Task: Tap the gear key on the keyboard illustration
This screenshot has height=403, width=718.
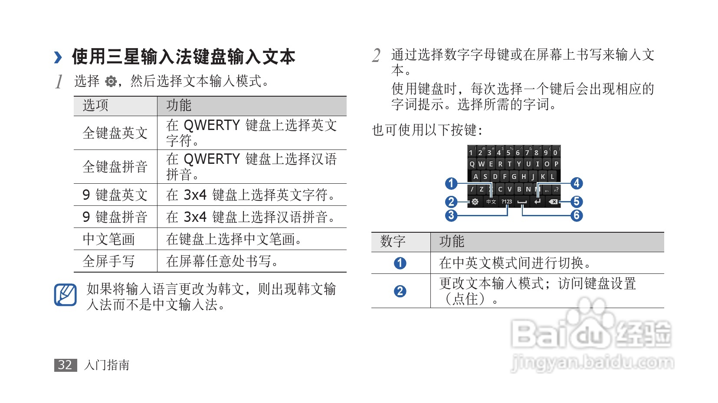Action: coord(475,202)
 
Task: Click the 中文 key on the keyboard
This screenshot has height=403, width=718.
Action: coord(491,202)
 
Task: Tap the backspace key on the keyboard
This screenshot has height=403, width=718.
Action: coord(553,202)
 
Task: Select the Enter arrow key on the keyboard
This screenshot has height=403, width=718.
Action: coord(538,202)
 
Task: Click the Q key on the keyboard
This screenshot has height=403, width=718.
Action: coord(472,164)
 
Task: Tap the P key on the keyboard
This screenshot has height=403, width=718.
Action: coord(556,164)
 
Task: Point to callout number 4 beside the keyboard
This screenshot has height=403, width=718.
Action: coord(576,183)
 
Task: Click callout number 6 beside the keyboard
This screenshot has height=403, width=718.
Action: coord(576,215)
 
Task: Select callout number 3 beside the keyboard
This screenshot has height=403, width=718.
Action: coord(451,215)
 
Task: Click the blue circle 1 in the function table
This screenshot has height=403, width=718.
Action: coord(400,263)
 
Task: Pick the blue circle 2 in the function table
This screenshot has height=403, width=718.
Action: coord(400,291)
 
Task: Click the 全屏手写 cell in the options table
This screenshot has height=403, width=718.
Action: coord(108,261)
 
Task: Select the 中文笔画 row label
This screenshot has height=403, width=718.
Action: coord(108,239)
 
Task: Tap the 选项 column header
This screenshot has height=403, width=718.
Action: coord(95,105)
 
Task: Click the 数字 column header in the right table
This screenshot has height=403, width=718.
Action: coord(393,242)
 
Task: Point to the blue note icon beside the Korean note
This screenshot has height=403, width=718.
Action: coord(66,295)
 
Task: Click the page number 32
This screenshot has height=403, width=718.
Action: coord(65,365)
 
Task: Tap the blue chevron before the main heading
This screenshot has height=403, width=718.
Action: coord(58,57)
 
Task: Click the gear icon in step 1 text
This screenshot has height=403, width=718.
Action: coord(111,81)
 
